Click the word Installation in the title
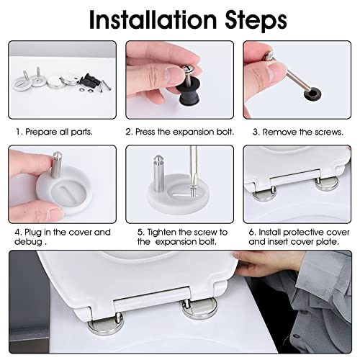pos(153,20)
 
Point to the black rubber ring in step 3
pos(312,94)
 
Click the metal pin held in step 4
pos(56,164)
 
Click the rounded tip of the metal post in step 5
pos(158,158)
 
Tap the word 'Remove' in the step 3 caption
pos(279,132)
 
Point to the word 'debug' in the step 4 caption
pos(28,242)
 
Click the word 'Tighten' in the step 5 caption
pos(162,233)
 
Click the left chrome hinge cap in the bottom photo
pos(106,325)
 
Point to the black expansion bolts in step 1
pos(89,81)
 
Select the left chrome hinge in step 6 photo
pos(264,194)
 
